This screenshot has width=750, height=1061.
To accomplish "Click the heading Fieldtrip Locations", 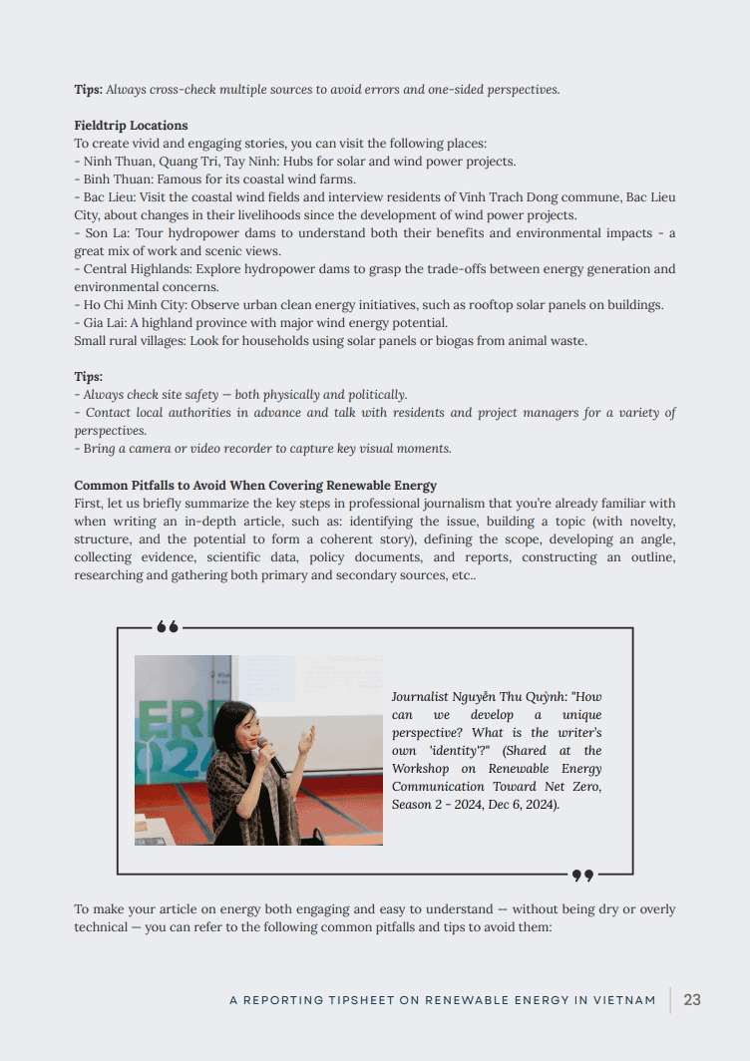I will [131, 126].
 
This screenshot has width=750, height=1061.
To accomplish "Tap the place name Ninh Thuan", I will [116, 162].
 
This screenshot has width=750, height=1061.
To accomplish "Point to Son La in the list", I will [103, 233].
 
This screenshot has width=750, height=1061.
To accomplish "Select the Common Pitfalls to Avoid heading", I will [255, 486].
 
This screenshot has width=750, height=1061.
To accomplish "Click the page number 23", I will [692, 1000].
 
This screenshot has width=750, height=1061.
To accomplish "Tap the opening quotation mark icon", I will [168, 627].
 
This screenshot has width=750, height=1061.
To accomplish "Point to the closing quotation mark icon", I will [582, 876].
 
